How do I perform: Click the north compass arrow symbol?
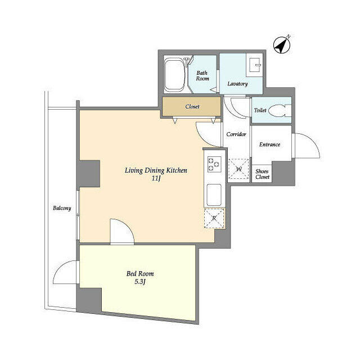(x=282, y=45)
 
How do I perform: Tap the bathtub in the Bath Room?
(x=174, y=75)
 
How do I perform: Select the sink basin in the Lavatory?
(x=255, y=65)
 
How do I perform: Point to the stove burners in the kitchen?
(x=214, y=164)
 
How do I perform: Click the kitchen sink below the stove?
(x=214, y=195)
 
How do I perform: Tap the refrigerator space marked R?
(x=214, y=218)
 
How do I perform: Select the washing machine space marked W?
(x=238, y=169)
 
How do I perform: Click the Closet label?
(x=192, y=106)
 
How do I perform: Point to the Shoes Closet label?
(x=262, y=174)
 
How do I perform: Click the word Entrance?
(x=270, y=145)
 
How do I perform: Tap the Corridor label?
(x=236, y=134)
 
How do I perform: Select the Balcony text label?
(x=62, y=208)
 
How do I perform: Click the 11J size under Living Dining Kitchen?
(x=156, y=178)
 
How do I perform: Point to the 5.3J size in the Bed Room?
(x=140, y=281)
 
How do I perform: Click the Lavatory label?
(x=237, y=84)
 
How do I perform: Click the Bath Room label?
(x=202, y=76)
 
